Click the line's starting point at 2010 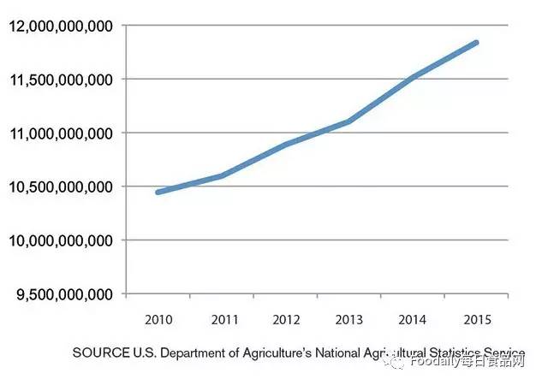click(158, 192)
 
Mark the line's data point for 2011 click(223, 175)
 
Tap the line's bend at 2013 click(349, 121)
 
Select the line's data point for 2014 click(414, 78)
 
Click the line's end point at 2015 click(476, 42)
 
